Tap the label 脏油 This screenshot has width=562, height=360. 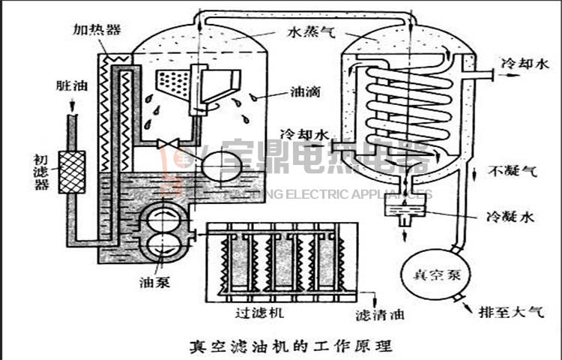pyautogui.click(x=72, y=85)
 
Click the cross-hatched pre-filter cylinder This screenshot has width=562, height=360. pyautogui.click(x=73, y=172)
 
